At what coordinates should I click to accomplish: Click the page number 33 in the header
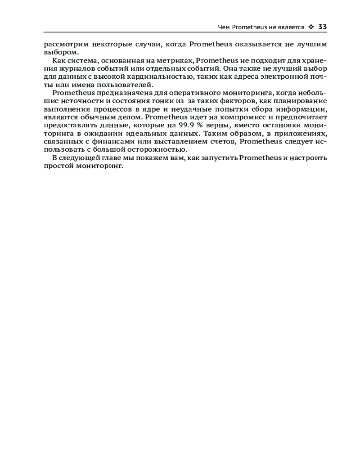pyautogui.click(x=322, y=27)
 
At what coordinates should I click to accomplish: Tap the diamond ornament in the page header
pyautogui.click(x=311, y=27)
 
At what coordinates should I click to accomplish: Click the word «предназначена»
pyautogui.click(x=117, y=93)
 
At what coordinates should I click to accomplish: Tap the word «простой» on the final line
pyautogui.click(x=59, y=166)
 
